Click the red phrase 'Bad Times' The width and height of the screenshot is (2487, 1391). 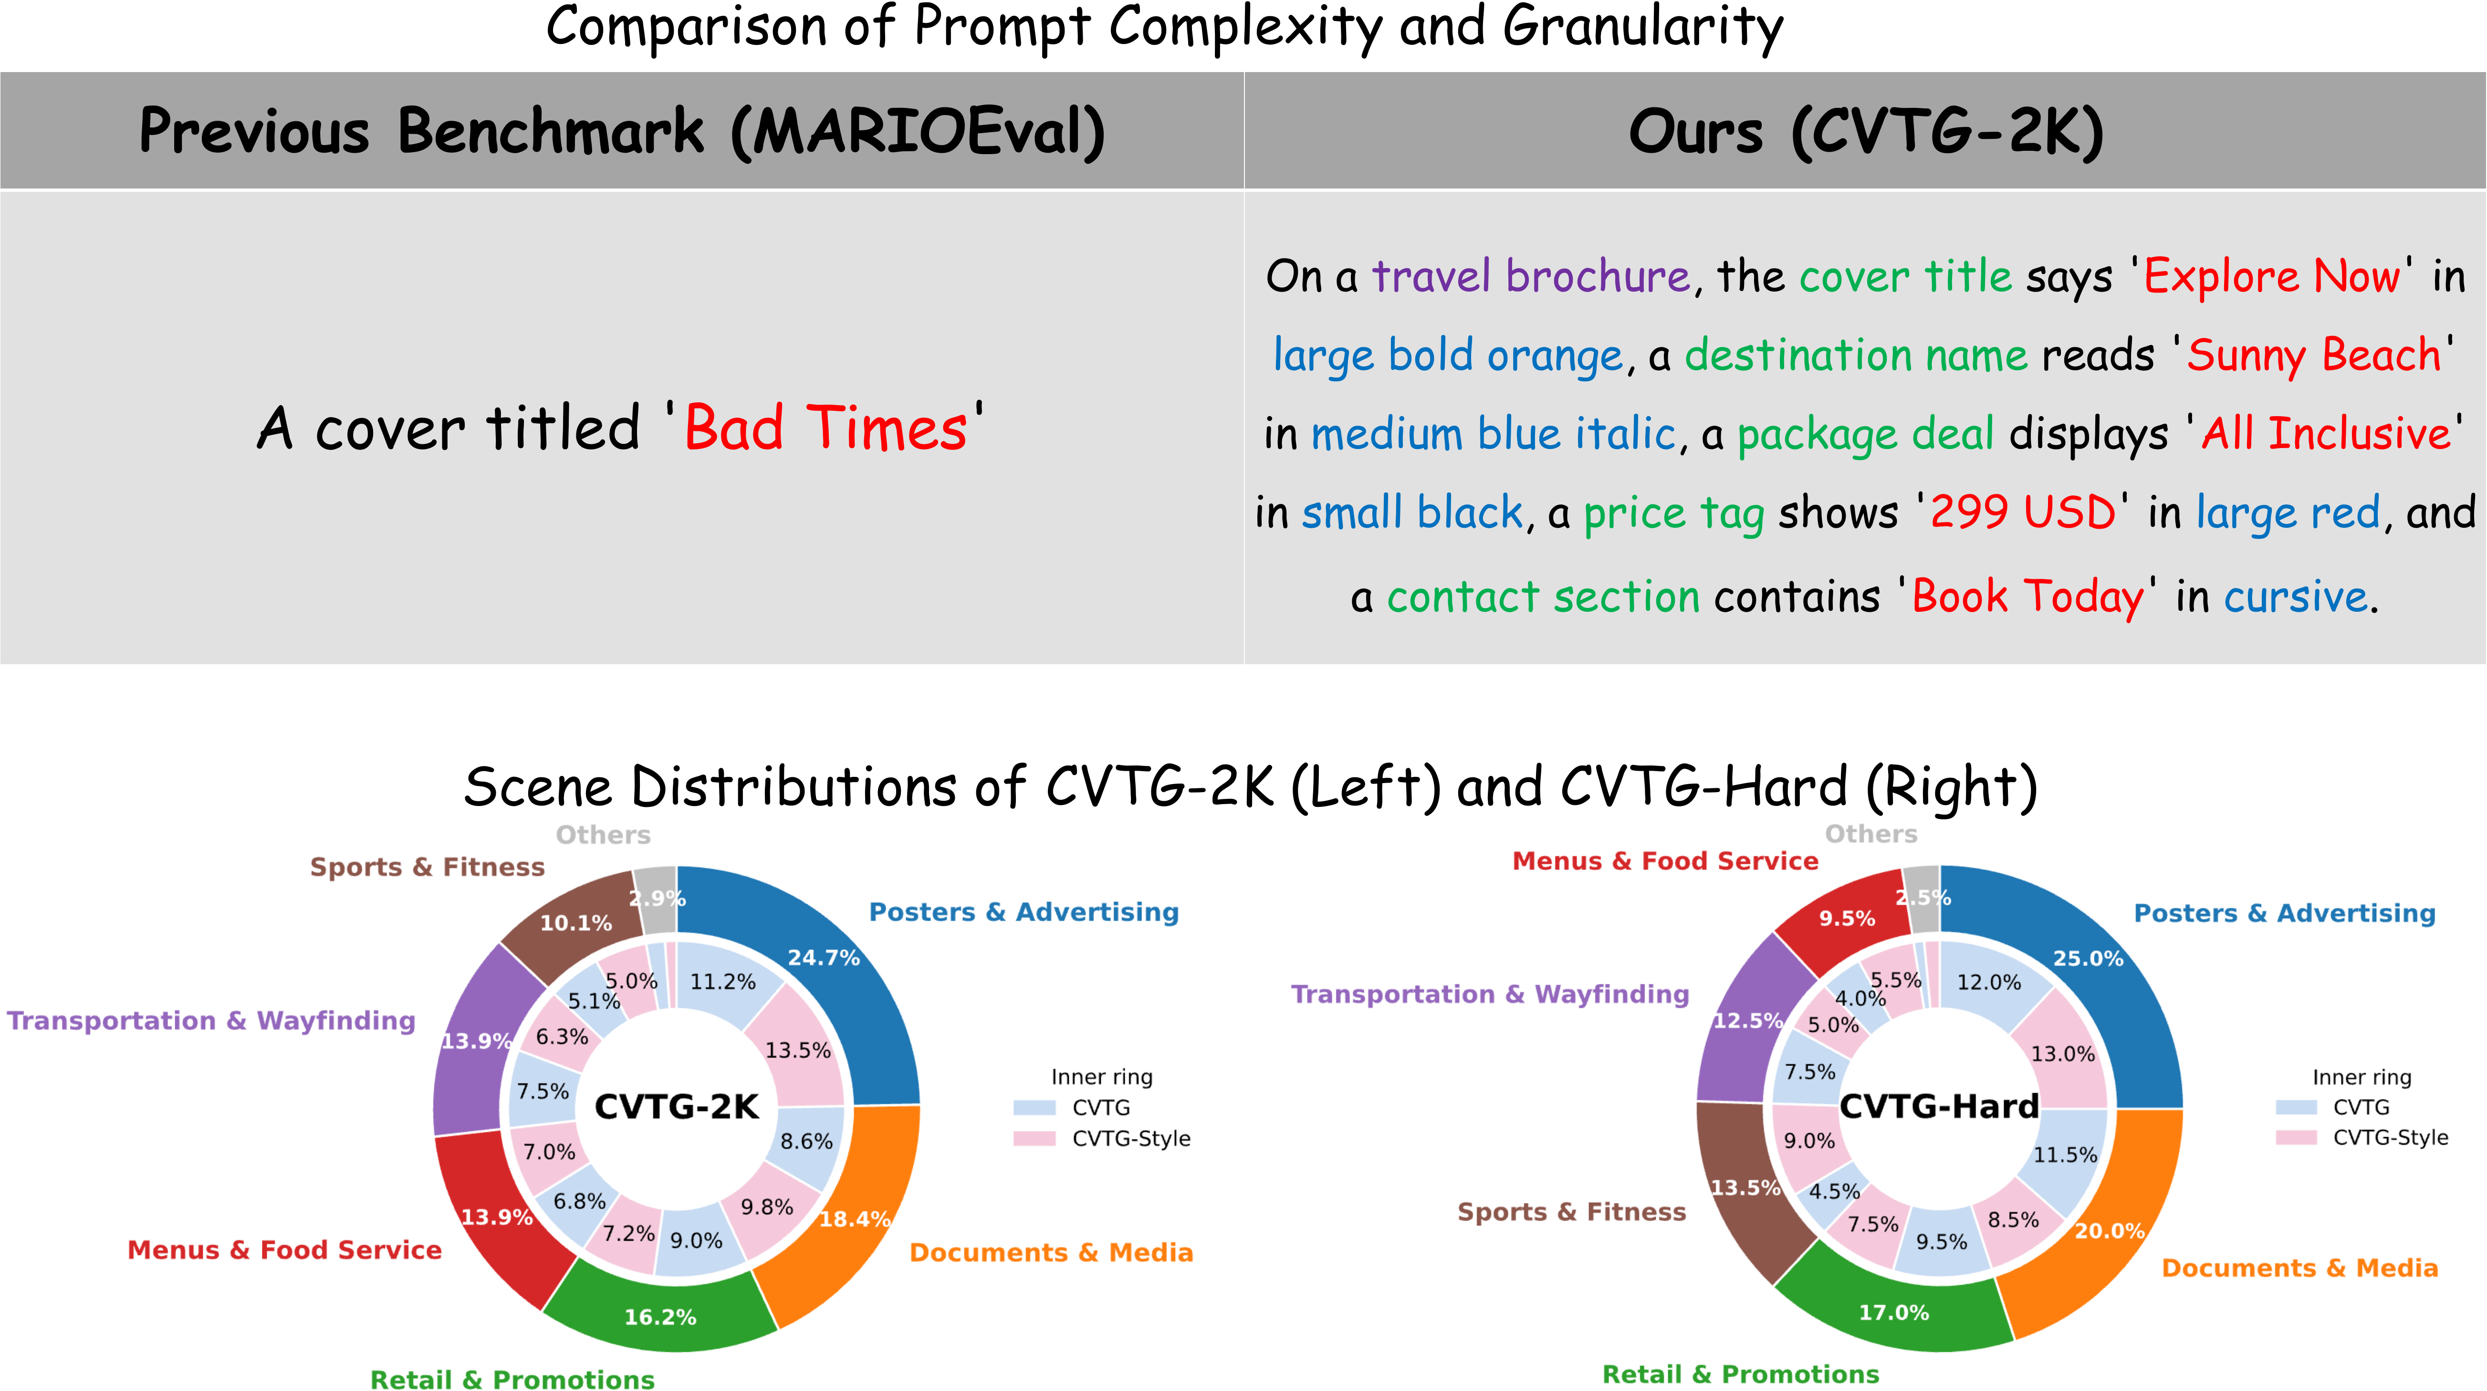[826, 428]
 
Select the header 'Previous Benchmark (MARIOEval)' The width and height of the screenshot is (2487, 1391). [622, 131]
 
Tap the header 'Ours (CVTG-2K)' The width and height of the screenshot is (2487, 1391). [1865, 131]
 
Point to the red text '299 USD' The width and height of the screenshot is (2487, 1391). [2023, 512]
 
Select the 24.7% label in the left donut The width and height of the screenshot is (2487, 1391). [824, 958]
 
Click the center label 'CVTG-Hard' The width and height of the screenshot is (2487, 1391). [1939, 1106]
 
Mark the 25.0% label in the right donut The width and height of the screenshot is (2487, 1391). [2087, 959]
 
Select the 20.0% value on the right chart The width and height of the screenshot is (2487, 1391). [2110, 1231]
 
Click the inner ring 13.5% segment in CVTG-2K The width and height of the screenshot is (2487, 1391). [797, 1050]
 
